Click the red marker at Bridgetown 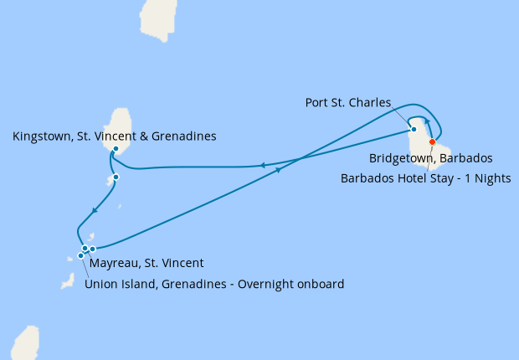(433, 141)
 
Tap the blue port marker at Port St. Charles (414, 129)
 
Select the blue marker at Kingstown (116, 149)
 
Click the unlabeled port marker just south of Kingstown (116, 177)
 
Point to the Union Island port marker (81, 255)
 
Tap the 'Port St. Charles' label (348, 103)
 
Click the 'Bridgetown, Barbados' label (430, 157)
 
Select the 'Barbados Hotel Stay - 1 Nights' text (426, 177)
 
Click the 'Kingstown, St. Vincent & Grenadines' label (115, 135)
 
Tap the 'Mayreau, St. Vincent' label (146, 263)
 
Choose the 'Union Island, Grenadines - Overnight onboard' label (214, 284)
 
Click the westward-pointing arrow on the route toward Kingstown (264, 166)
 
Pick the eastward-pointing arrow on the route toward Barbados (277, 167)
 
